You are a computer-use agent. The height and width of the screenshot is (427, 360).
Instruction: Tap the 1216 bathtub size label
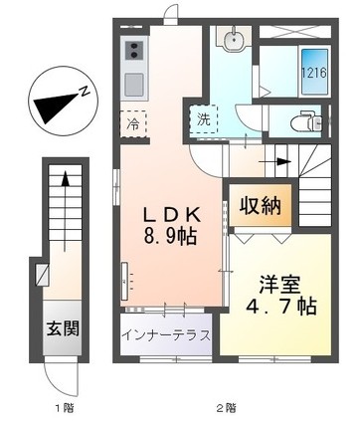(313, 74)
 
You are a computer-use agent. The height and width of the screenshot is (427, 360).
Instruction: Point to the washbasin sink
(233, 42)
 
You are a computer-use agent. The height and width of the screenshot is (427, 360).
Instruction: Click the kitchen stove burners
(134, 50)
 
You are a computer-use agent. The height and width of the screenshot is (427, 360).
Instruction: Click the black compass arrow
(55, 104)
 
